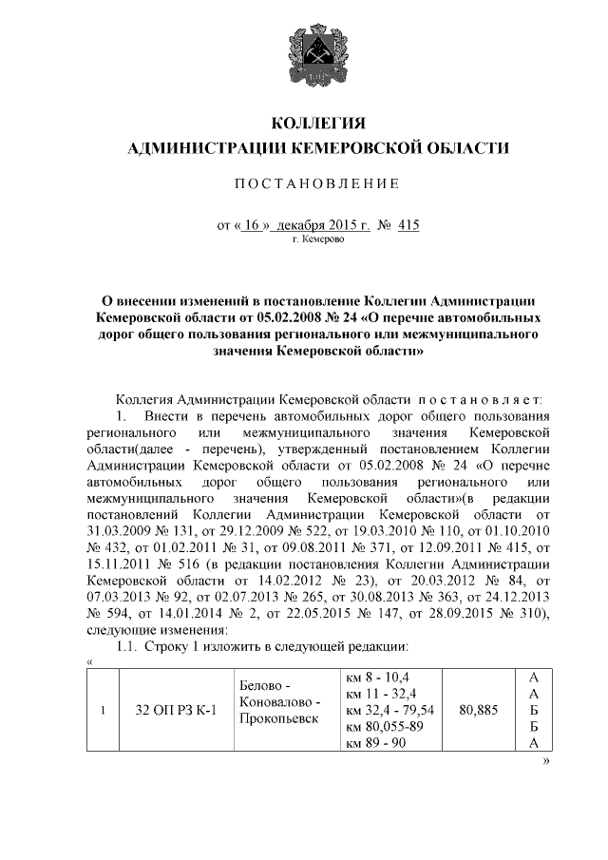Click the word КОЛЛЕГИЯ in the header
point(318,124)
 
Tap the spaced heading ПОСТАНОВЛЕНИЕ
point(318,182)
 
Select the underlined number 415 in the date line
point(409,225)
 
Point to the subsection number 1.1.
point(126,647)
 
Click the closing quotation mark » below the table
point(546,762)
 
